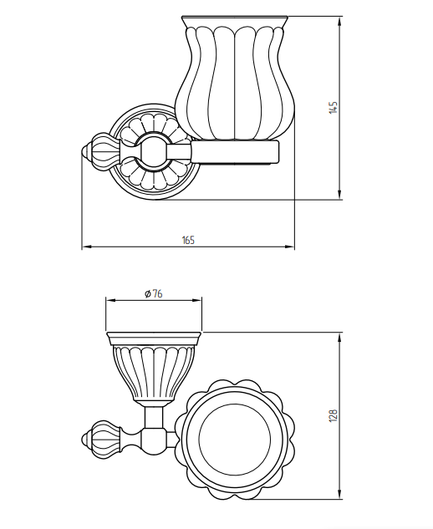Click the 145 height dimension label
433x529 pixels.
pos(333,107)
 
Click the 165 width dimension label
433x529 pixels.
pos(188,240)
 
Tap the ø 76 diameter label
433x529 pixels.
pos(154,294)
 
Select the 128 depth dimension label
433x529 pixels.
pos(333,415)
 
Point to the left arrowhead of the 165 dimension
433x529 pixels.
pos(87,247)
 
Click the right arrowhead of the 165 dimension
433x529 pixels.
pos(289,247)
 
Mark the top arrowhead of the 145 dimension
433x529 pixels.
pos(339,21)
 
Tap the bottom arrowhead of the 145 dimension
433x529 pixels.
pos(339,195)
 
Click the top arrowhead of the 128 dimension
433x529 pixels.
pos(339,338)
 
